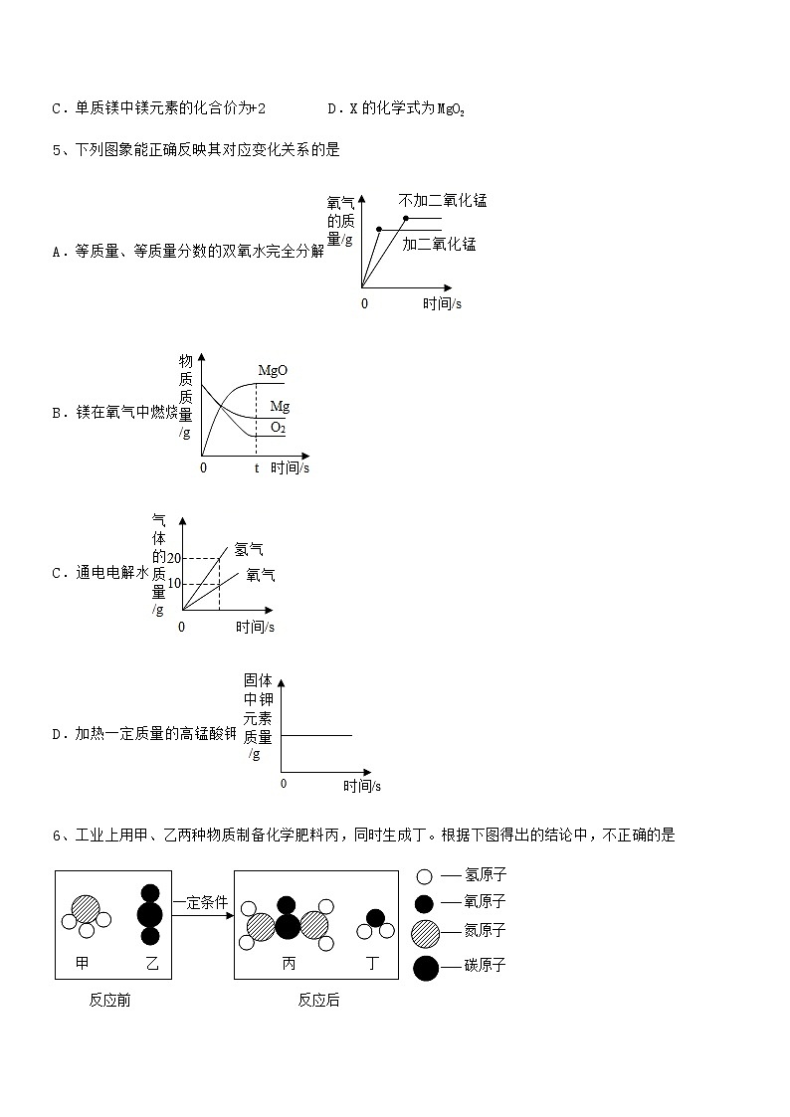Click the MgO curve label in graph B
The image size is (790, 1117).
(x=273, y=371)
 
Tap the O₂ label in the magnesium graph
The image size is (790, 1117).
(x=278, y=428)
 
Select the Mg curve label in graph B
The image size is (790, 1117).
(x=280, y=406)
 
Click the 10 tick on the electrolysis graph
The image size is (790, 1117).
(x=174, y=583)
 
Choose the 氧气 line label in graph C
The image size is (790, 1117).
(x=261, y=574)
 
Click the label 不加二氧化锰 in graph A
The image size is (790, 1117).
(x=443, y=200)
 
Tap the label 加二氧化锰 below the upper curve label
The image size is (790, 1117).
(x=439, y=244)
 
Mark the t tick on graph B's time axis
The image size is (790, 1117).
(x=256, y=467)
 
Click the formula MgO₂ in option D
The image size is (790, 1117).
(x=451, y=108)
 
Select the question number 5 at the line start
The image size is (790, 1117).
(x=56, y=150)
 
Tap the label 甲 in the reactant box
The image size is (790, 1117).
(x=84, y=963)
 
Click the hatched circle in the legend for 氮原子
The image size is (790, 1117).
(x=425, y=932)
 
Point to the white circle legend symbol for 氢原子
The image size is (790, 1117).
(x=425, y=876)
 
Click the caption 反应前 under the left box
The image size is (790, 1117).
(x=109, y=1000)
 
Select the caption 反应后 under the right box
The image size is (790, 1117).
(x=318, y=1000)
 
